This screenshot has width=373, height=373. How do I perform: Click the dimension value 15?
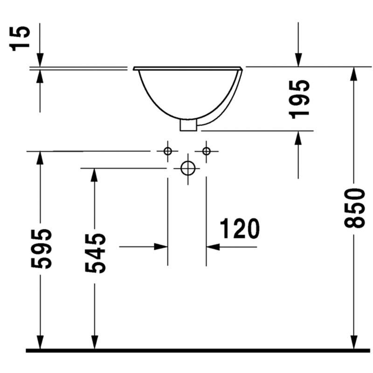click(20, 38)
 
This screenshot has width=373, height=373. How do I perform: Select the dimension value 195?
click(299, 99)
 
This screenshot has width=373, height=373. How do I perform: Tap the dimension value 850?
click(354, 208)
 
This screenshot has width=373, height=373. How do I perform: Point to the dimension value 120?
click(240, 228)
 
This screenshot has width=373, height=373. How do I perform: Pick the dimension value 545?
click(95, 253)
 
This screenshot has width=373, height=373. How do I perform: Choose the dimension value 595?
click(41, 249)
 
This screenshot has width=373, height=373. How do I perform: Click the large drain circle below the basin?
click(188, 168)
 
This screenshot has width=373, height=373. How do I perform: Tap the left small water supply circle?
click(168, 151)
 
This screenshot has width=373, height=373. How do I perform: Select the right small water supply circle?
click(206, 151)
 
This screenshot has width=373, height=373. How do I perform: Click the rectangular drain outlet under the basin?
click(188, 125)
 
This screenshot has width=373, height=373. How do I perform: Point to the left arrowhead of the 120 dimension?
click(161, 247)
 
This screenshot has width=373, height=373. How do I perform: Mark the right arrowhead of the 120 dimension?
click(213, 247)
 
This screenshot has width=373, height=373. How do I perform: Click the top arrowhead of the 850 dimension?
click(354, 74)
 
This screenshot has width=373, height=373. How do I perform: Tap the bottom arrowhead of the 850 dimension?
click(354, 342)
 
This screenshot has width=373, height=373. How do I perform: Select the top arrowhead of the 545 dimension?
click(95, 175)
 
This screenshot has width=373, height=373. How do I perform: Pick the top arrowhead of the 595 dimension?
click(40, 158)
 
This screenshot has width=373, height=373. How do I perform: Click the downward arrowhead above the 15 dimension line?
click(40, 60)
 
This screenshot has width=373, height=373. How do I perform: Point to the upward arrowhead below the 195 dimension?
click(298, 138)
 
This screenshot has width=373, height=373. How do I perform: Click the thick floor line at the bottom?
click(198, 351)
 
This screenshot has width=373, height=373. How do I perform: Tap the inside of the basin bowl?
click(188, 93)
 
